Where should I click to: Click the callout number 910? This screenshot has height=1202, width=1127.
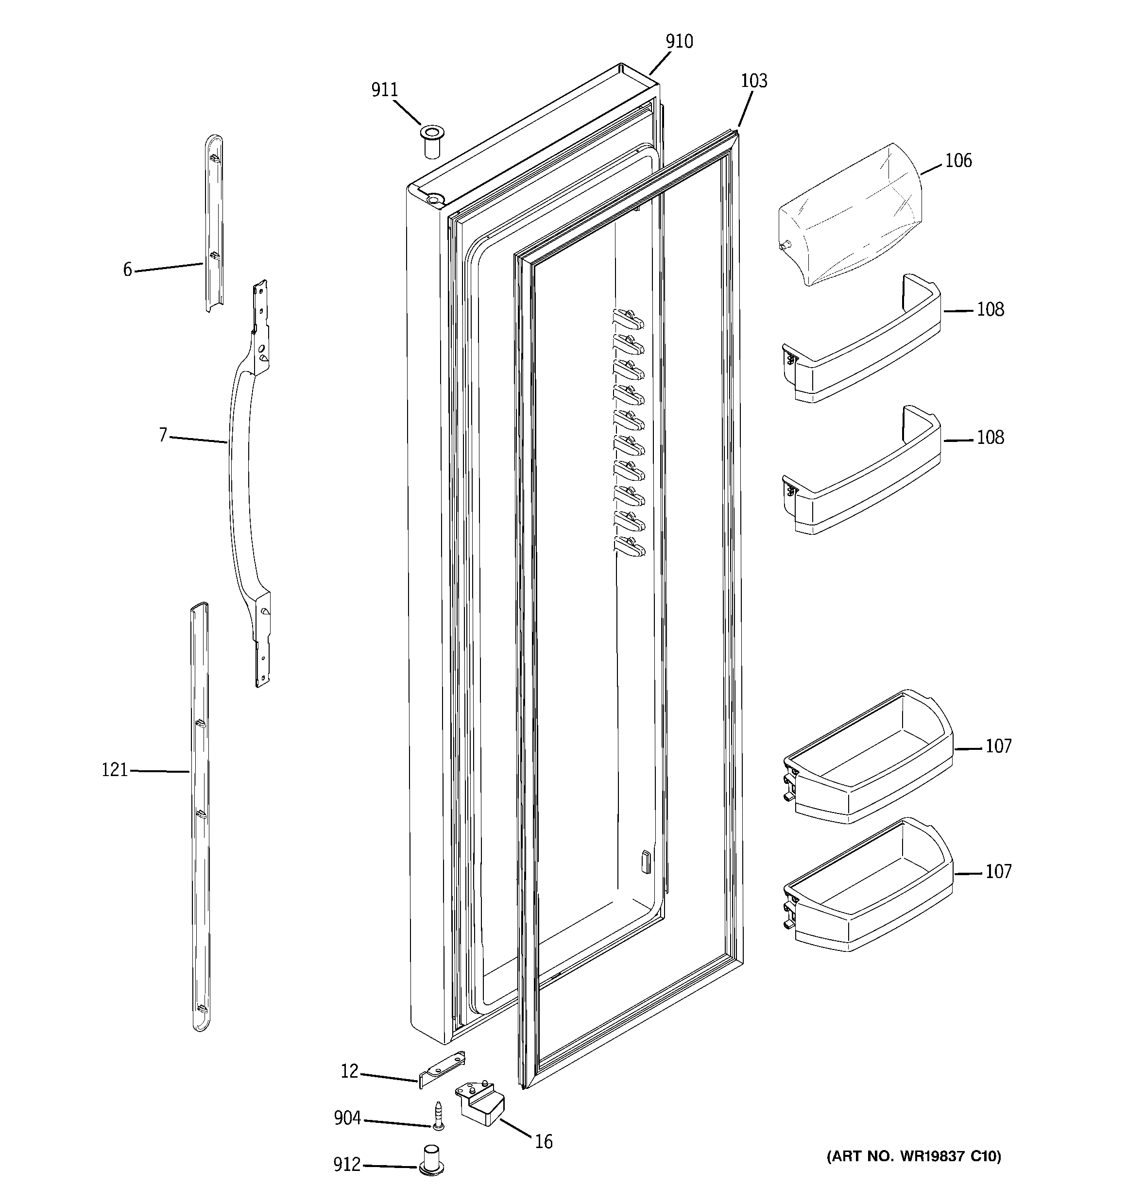[x=679, y=42]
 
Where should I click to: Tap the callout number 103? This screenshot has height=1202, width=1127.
[x=754, y=81]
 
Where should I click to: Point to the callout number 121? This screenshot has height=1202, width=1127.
[x=114, y=770]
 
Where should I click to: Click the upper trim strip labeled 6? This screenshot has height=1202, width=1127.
[x=215, y=224]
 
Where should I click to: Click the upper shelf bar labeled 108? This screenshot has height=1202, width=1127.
[x=862, y=357]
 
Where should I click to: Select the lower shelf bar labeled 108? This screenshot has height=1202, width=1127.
[x=862, y=487]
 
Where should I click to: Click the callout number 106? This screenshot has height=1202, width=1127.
[x=958, y=161]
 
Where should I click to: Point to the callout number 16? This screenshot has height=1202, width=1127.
[x=543, y=1142]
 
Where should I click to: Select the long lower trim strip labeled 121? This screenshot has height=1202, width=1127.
[x=200, y=816]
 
